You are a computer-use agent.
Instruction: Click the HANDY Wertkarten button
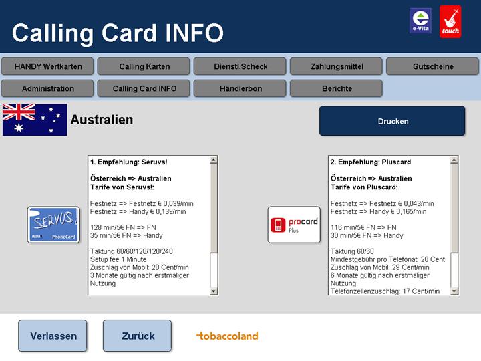coord(47,66)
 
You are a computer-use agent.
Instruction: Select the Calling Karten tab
coord(144,66)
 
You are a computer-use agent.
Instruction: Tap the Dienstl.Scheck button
coord(240,66)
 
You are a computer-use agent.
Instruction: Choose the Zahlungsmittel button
coord(337,66)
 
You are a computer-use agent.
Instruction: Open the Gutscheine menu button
coord(433,66)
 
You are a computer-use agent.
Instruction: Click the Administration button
coord(47,88)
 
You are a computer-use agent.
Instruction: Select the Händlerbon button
coord(240,88)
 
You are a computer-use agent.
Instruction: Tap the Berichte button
coord(337,88)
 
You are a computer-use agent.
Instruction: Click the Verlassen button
coord(53,336)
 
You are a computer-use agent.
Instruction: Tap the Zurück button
coord(138,336)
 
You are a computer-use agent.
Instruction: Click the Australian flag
coord(35,120)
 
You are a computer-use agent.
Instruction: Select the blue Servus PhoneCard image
coord(53,225)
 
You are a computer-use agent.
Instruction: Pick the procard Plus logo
coord(294,225)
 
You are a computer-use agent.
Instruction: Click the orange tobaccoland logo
coord(227,336)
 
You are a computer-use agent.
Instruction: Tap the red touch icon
coord(450,21)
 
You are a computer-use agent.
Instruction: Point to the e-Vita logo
coord(420,21)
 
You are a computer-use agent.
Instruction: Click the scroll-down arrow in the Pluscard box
coord(454,291)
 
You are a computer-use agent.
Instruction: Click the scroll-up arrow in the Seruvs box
coord(214,160)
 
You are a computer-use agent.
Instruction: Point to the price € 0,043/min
coord(416,203)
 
